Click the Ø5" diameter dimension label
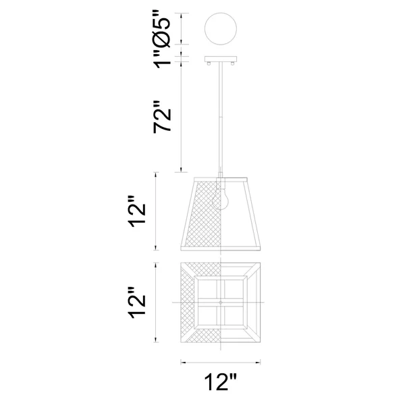[162, 29]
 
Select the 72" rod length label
[162, 117]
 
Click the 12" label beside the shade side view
[137, 211]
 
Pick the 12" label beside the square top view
[137, 302]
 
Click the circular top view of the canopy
[221, 28]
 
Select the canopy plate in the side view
[221, 59]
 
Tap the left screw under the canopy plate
[209, 63]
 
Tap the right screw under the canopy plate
[233, 63]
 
